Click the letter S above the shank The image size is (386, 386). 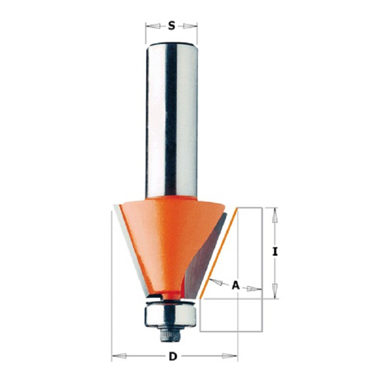click(172, 26)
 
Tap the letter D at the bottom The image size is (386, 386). click(173, 356)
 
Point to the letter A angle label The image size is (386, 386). click(236, 286)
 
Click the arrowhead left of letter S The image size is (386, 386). click(153, 26)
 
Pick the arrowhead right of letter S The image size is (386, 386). click(190, 26)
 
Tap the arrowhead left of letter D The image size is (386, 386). click(119, 356)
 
